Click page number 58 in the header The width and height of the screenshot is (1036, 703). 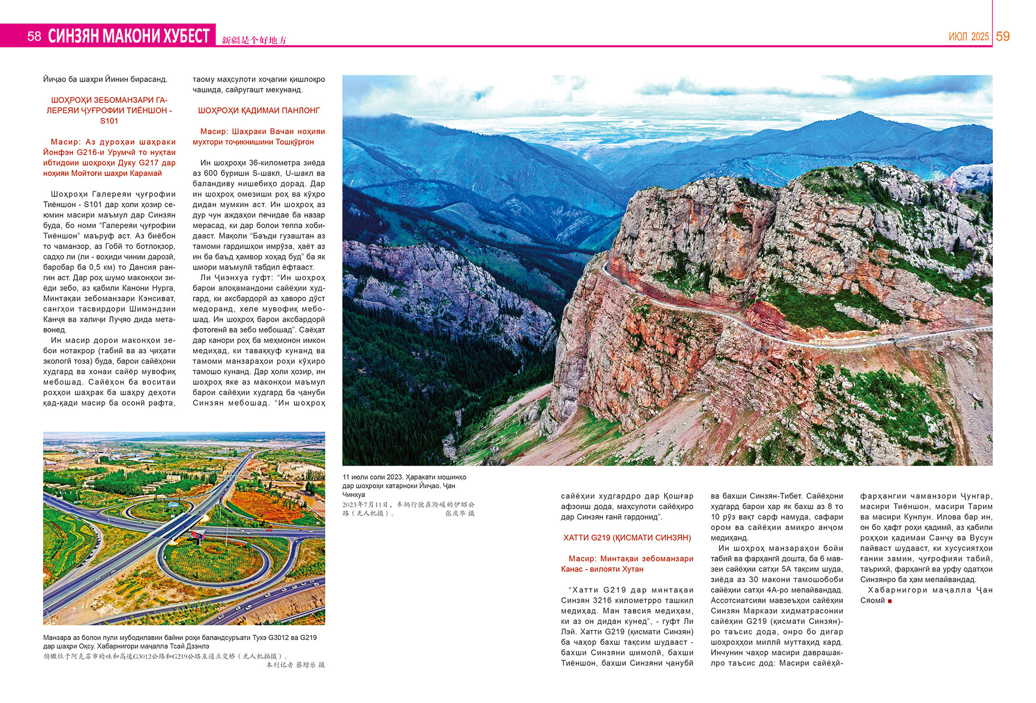[34, 36]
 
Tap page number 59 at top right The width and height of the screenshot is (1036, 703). [1003, 36]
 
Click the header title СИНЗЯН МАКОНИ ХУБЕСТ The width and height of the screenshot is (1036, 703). [128, 36]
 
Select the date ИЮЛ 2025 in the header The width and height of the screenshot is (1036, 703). [969, 37]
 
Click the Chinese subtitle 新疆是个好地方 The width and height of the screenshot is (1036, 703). [254, 40]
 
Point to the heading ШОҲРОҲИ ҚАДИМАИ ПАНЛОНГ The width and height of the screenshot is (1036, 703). [259, 111]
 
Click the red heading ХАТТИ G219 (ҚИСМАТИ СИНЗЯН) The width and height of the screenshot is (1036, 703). [627, 537]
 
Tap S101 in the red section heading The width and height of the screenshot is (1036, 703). [109, 121]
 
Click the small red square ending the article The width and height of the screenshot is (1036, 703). [890, 601]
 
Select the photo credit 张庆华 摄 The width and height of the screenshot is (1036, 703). [460, 514]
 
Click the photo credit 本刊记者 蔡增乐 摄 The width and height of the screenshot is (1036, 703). [296, 665]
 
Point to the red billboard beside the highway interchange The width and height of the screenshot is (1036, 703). [198, 535]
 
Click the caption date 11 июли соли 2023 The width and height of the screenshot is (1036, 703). [373, 477]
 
